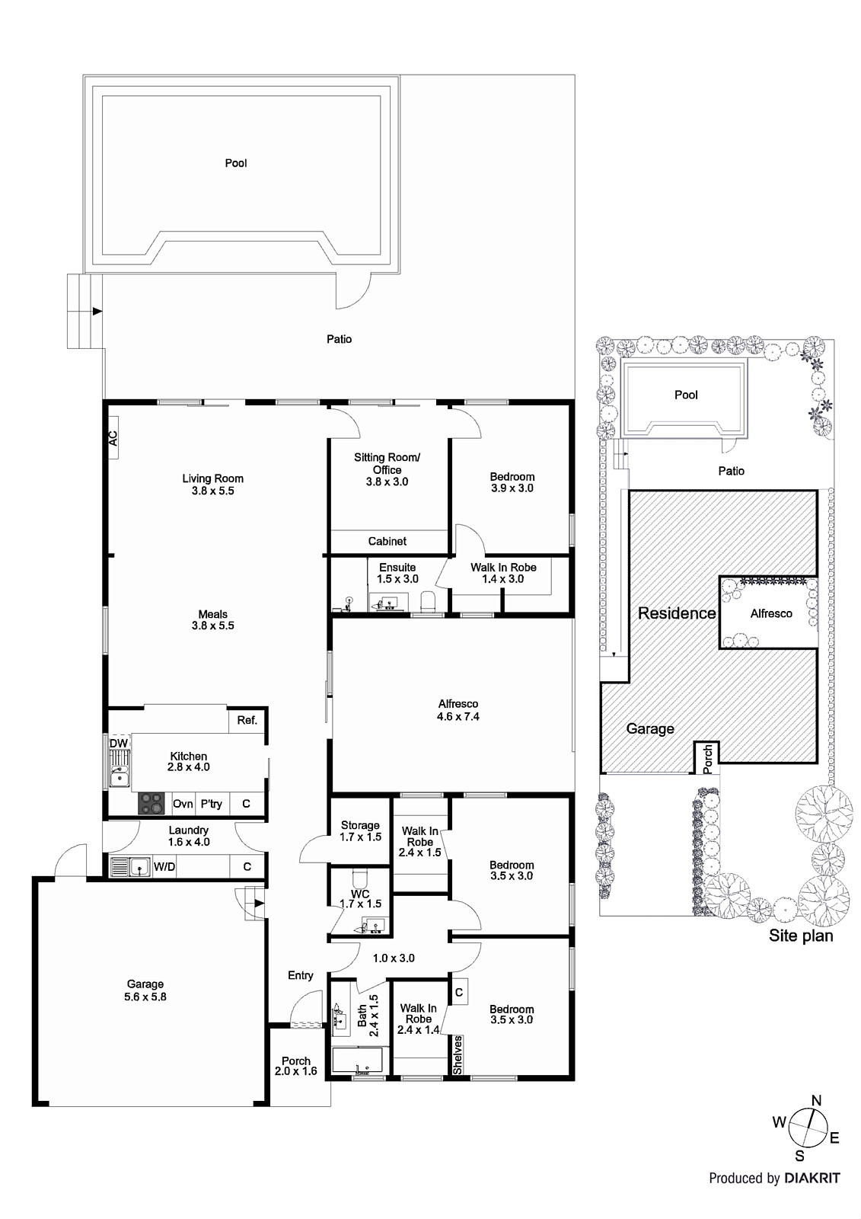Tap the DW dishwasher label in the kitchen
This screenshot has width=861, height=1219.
pyautogui.click(x=118, y=744)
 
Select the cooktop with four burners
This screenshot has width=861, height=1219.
pyautogui.click(x=151, y=803)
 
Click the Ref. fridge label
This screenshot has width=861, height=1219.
pyautogui.click(x=247, y=720)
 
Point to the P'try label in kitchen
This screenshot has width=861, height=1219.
pyautogui.click(x=211, y=804)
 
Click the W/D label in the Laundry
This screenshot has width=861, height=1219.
pyautogui.click(x=164, y=866)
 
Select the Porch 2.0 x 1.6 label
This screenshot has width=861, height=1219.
pyautogui.click(x=296, y=1066)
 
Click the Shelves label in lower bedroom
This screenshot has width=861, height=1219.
pyautogui.click(x=458, y=1054)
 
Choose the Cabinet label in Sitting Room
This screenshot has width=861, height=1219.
pyautogui.click(x=387, y=541)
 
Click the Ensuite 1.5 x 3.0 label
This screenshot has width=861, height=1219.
pyautogui.click(x=397, y=573)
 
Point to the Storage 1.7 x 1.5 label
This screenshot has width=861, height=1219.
pyautogui.click(x=360, y=831)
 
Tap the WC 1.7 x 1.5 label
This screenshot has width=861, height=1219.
pyautogui.click(x=360, y=898)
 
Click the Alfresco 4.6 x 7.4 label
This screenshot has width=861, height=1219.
pyautogui.click(x=458, y=710)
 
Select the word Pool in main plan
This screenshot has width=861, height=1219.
pyautogui.click(x=236, y=163)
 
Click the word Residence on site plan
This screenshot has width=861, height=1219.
pyautogui.click(x=676, y=613)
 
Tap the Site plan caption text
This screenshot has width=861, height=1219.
pyautogui.click(x=800, y=936)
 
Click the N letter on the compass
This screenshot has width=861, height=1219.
pyautogui.click(x=817, y=1100)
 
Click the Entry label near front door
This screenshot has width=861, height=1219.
pyautogui.click(x=300, y=975)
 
